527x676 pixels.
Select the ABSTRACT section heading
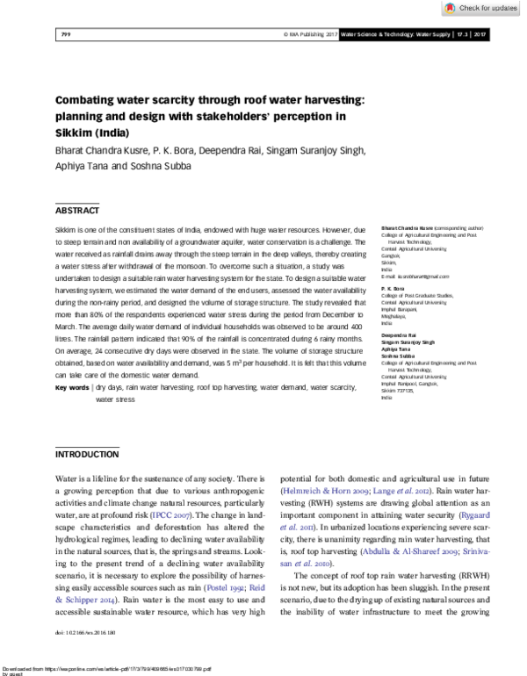point(78,212)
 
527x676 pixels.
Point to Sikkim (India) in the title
point(92,133)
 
